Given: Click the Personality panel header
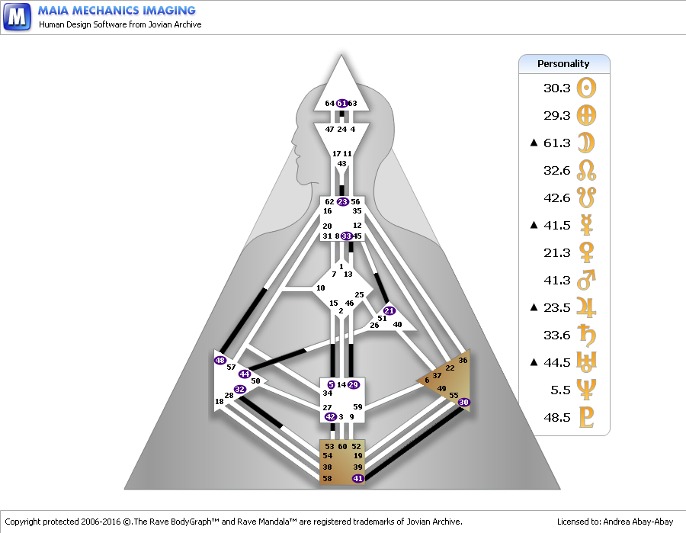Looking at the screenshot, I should click(x=563, y=64).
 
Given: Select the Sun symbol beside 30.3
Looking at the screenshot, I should click(x=587, y=88).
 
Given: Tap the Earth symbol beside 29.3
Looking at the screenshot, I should click(x=587, y=116).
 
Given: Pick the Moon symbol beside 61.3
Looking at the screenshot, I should click(x=587, y=143).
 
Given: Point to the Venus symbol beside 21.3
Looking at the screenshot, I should click(x=587, y=253).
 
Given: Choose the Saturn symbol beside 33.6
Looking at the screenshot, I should click(x=587, y=336).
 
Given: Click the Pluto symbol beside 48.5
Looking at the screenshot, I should click(x=587, y=418).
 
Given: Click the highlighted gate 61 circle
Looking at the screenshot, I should click(x=342, y=104).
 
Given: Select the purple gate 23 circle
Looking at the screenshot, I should click(x=342, y=202).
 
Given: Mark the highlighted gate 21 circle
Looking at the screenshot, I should click(x=389, y=311).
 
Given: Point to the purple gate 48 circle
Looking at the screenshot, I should click(x=220, y=360).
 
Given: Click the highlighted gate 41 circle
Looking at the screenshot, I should click(x=357, y=478).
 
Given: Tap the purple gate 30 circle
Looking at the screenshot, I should click(x=464, y=402).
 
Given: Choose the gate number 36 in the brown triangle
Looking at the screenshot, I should click(x=463, y=360).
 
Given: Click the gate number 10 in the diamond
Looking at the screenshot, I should click(x=321, y=288).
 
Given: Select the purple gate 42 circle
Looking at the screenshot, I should click(x=330, y=417).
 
